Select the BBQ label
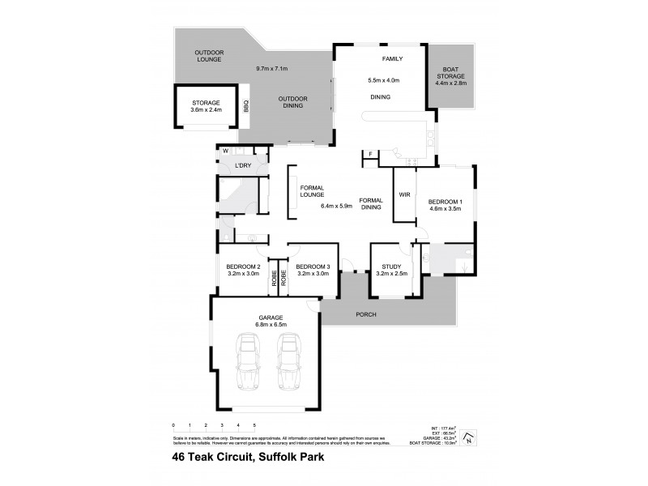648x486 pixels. [x=245, y=104]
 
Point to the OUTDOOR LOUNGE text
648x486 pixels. [x=209, y=56]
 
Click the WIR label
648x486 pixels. [x=403, y=194]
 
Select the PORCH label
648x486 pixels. [x=366, y=314]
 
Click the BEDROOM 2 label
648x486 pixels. [x=243, y=266]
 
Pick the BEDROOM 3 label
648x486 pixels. [x=313, y=266]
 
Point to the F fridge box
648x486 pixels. [x=370, y=154]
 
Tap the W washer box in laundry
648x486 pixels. [x=225, y=151]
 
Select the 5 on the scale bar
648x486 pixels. [x=254, y=424]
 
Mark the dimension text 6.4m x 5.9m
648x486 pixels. [x=337, y=206]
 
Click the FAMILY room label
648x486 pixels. [x=392, y=59]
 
